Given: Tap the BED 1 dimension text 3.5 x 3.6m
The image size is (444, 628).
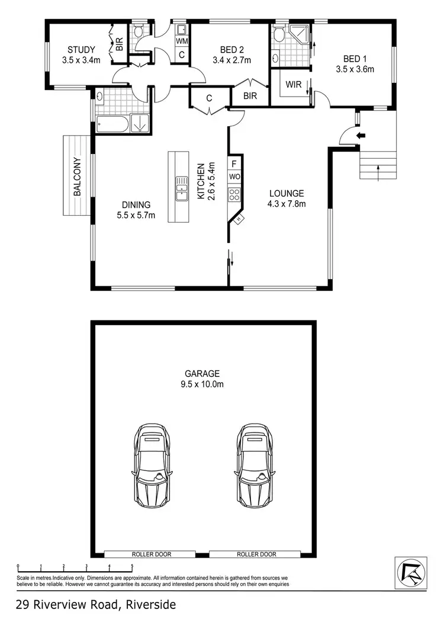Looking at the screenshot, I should (x=355, y=69).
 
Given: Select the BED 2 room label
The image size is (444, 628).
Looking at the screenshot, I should (x=231, y=49).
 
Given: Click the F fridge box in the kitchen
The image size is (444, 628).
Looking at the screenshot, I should (x=234, y=164).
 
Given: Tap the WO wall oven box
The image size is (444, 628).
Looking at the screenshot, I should (x=234, y=177).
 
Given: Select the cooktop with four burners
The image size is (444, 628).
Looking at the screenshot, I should (x=234, y=194).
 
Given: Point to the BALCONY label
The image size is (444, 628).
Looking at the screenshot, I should (x=77, y=176).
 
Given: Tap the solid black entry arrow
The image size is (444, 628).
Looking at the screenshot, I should (x=361, y=136).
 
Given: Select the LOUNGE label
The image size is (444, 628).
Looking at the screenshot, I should (x=287, y=193).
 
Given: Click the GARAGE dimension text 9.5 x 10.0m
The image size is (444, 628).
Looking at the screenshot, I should (x=202, y=385).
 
